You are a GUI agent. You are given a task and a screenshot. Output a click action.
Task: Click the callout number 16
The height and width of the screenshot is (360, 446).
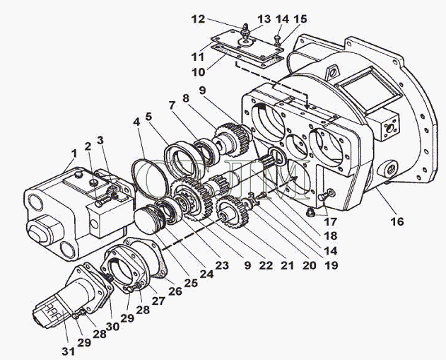397,221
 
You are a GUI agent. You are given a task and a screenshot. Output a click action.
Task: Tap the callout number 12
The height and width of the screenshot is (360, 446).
198,19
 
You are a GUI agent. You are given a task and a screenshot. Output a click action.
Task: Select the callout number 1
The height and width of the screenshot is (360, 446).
74,154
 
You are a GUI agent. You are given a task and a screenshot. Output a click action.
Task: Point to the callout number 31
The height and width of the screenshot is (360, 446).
69,352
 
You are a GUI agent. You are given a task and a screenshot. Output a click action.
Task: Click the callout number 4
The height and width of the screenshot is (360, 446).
137,122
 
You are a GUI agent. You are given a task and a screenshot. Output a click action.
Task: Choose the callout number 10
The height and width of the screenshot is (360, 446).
198,72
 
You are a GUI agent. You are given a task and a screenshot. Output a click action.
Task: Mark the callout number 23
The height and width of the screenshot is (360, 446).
222,265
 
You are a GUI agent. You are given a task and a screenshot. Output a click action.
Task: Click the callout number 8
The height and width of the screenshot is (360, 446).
185,98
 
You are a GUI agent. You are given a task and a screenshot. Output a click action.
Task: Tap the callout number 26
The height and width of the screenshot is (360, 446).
175,291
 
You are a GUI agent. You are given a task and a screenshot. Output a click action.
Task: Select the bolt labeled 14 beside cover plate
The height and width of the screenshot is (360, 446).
278,40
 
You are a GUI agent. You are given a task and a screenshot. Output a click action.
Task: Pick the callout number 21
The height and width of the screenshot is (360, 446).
287,265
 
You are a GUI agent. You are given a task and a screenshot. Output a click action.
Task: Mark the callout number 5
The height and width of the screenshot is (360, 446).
148,117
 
